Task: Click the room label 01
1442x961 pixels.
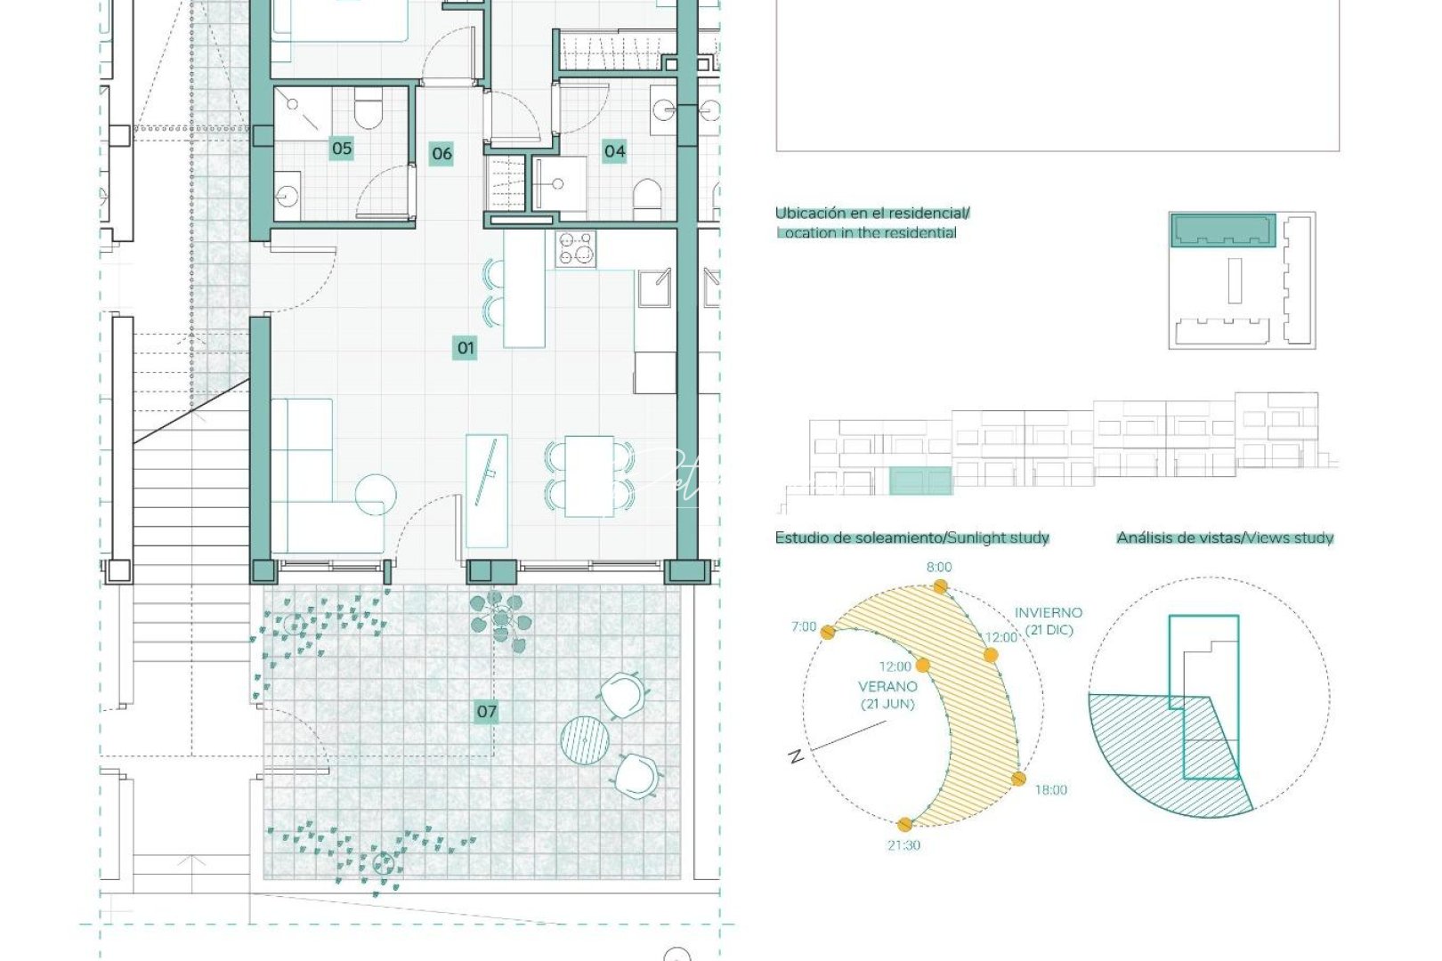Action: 465,348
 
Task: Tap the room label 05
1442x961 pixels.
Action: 342,149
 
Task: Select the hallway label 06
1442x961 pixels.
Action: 442,154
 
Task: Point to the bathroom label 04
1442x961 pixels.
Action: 614,151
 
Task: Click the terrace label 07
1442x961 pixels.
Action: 486,711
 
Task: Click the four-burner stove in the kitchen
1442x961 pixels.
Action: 575,249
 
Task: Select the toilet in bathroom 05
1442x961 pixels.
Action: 368,112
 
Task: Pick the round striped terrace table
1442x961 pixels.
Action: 584,739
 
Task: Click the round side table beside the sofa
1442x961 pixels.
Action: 376,496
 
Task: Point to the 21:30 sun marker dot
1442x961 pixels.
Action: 905,825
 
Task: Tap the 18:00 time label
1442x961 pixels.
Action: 1050,790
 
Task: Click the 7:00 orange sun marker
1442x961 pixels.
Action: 829,633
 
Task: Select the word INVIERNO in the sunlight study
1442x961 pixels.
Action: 1049,612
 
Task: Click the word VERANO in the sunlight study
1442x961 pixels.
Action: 887,686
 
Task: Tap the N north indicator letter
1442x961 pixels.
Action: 796,756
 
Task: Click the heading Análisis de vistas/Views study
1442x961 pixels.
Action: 1225,537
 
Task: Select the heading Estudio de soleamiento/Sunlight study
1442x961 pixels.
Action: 911,537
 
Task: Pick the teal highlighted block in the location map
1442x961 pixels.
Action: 1222,230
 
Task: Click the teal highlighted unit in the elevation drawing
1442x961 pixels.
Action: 920,482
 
